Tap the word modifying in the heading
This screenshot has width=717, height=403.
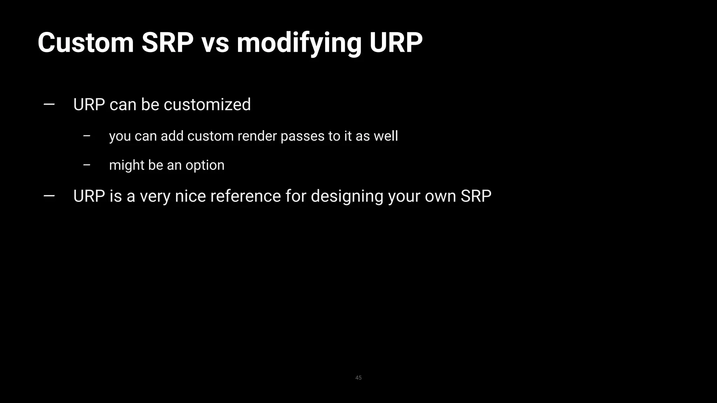(299, 43)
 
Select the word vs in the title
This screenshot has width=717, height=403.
(215, 43)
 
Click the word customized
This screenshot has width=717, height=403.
(207, 105)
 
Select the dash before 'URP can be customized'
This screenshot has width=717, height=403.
(49, 104)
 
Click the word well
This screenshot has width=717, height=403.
(386, 136)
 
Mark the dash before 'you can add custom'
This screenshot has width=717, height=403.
(87, 136)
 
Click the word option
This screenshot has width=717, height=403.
(205, 165)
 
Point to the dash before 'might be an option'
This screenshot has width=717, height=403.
(87, 165)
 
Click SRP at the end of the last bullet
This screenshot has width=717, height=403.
(476, 196)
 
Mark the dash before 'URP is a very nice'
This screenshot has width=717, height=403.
(49, 196)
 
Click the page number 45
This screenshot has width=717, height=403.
(358, 378)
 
